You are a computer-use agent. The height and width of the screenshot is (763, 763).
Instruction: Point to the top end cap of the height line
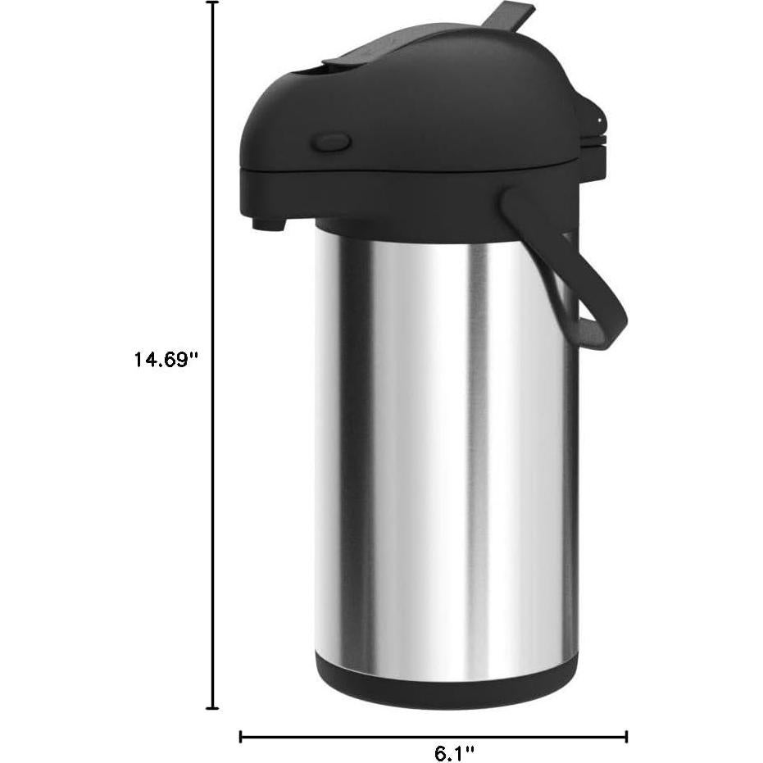pos(213,3)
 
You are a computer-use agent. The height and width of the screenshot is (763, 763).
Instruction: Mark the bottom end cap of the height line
pos(213,707)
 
